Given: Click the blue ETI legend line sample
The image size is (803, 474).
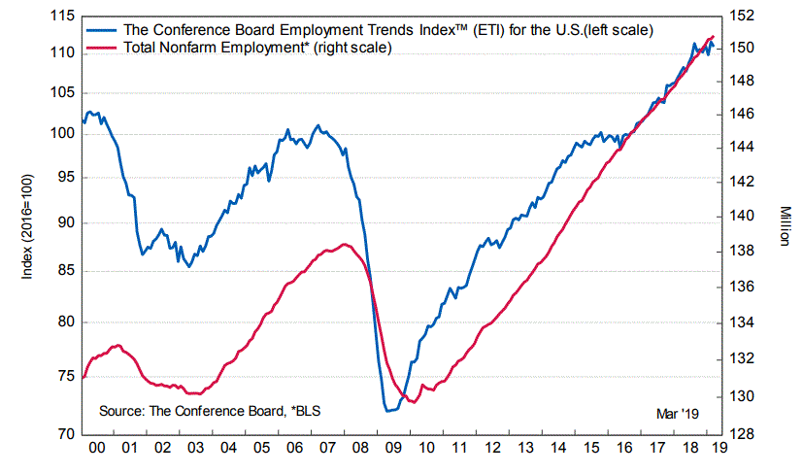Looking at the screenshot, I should click(103, 30).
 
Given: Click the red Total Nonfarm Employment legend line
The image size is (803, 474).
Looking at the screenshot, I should click(103, 48).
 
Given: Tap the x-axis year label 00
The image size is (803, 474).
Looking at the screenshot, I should click(98, 450).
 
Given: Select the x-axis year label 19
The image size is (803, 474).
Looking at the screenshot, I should click(717, 450).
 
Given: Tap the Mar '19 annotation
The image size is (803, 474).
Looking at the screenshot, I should click(678, 413).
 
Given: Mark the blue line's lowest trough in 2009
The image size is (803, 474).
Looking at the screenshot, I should click(388, 411).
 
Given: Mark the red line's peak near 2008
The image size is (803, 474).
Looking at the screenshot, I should click(346, 244).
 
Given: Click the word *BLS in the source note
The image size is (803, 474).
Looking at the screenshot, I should click(305, 412).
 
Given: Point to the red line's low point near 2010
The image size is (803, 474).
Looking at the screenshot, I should click(415, 401).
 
